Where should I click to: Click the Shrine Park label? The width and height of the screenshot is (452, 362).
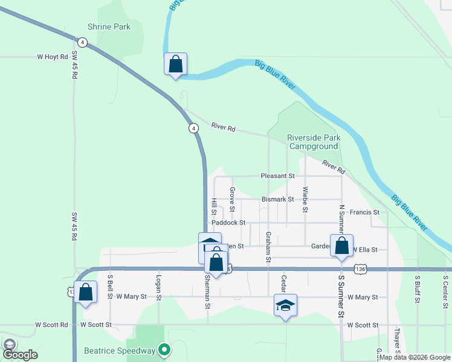(x=109, y=27)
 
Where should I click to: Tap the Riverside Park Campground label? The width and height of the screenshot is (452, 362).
(x=313, y=142)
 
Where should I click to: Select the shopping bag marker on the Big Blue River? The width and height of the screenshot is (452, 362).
(x=175, y=64)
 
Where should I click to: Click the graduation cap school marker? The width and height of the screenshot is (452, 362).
(x=286, y=305)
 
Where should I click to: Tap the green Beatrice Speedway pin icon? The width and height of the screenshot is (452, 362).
(x=163, y=349)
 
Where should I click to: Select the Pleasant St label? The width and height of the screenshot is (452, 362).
(x=277, y=176)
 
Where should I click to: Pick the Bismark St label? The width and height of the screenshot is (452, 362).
(x=278, y=199)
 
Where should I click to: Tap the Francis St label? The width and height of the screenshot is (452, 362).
(x=364, y=212)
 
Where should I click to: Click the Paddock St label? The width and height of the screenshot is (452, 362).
(x=228, y=223)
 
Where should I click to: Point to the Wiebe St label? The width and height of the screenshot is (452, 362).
(x=306, y=200)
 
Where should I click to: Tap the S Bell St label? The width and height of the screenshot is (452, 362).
(x=111, y=288)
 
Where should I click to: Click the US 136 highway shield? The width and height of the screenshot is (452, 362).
(x=361, y=268)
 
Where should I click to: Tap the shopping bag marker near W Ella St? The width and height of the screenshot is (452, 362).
(x=341, y=246)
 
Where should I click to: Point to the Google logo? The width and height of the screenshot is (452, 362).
(x=19, y=355)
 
